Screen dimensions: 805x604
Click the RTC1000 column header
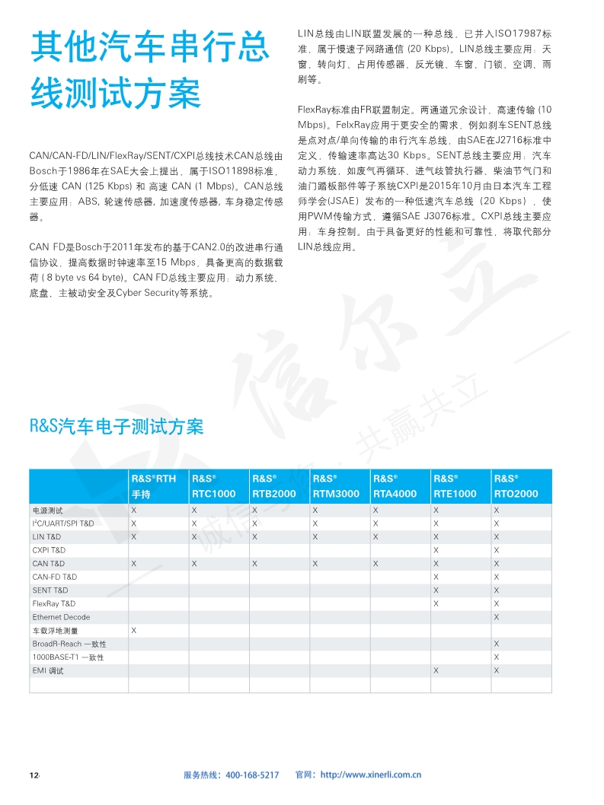(214, 486)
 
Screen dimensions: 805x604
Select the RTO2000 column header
(516, 486)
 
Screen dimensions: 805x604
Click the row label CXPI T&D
(49, 550)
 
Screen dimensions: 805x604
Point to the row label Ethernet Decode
(60, 617)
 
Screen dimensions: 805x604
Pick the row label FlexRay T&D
(53, 603)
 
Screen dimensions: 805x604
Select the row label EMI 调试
(48, 670)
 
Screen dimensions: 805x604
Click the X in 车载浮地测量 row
(134, 630)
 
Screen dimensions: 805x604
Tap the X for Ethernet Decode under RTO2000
(497, 617)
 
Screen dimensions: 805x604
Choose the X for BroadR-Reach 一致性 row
(497, 644)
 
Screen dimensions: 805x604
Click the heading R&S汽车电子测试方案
(117, 426)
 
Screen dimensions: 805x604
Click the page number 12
(34, 775)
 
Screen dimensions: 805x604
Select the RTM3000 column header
(335, 486)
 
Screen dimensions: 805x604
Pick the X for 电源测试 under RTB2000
(254, 511)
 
